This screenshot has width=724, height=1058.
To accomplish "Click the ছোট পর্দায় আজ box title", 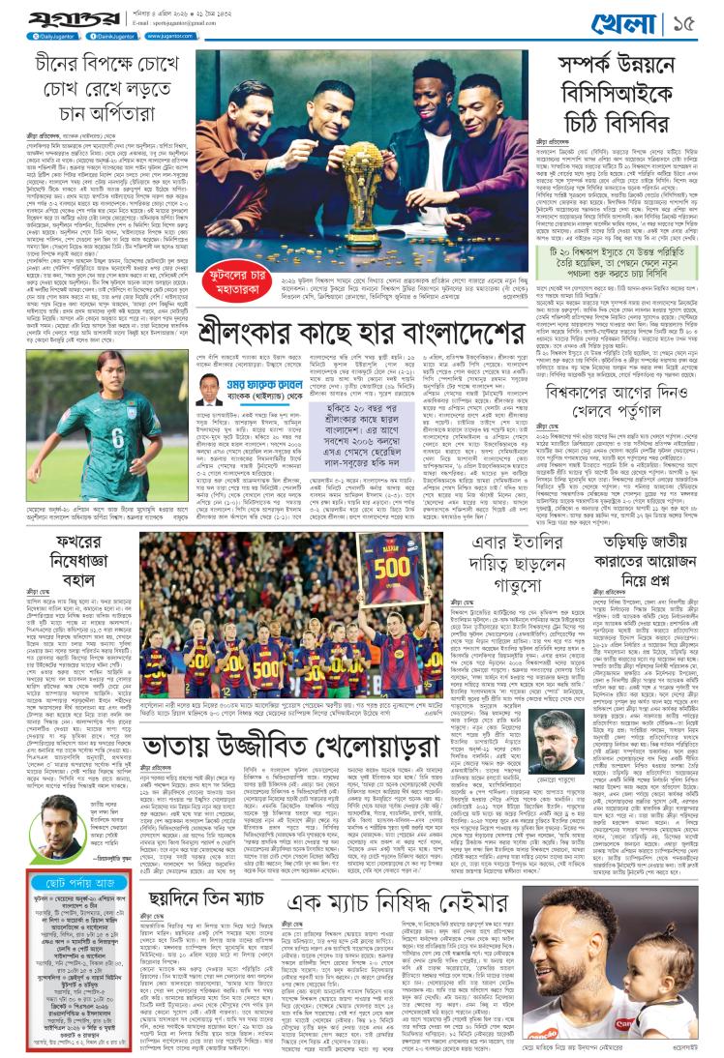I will coord(75,884).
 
